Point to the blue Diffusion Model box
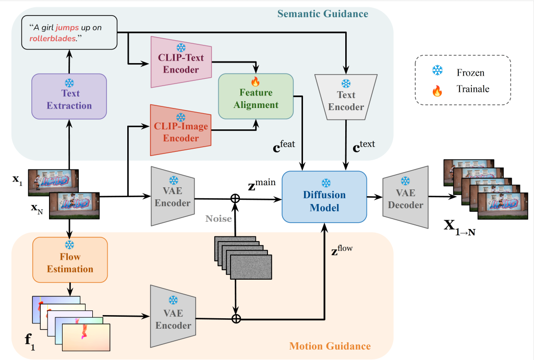[325, 198]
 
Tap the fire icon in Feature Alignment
[256, 82]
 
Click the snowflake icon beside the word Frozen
[438, 72]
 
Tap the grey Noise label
[219, 219]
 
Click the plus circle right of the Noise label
[236, 198]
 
